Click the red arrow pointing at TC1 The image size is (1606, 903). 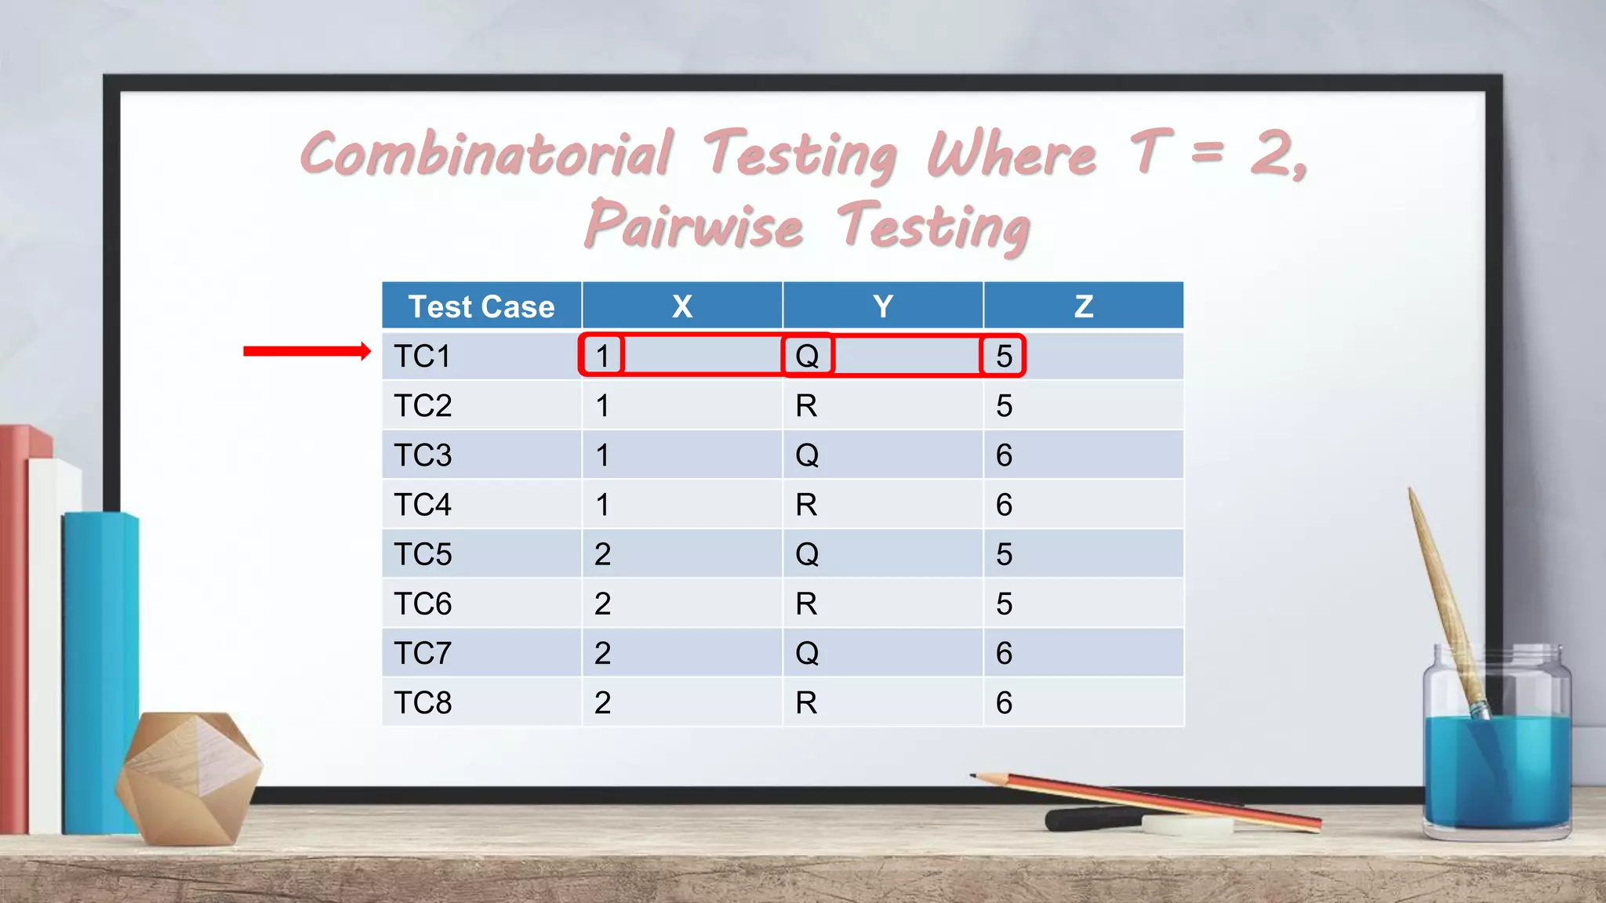point(306,351)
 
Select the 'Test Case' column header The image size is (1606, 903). point(481,306)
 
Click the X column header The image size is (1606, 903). point(682,306)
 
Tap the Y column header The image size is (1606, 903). point(883,306)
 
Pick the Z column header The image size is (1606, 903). point(1083,306)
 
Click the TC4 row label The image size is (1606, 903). point(423,505)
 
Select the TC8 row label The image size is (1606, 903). point(423,703)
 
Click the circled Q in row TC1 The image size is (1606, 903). point(807,356)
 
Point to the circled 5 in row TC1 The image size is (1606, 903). point(1004,356)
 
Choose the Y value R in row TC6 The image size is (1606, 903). point(806,604)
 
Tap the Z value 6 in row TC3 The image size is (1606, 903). point(1004,455)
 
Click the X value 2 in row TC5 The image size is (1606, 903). point(602,555)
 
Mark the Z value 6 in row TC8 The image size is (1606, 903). point(1004,703)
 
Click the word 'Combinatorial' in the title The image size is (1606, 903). point(486,154)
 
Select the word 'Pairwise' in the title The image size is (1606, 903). point(694,226)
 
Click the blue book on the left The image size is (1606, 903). point(100,674)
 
